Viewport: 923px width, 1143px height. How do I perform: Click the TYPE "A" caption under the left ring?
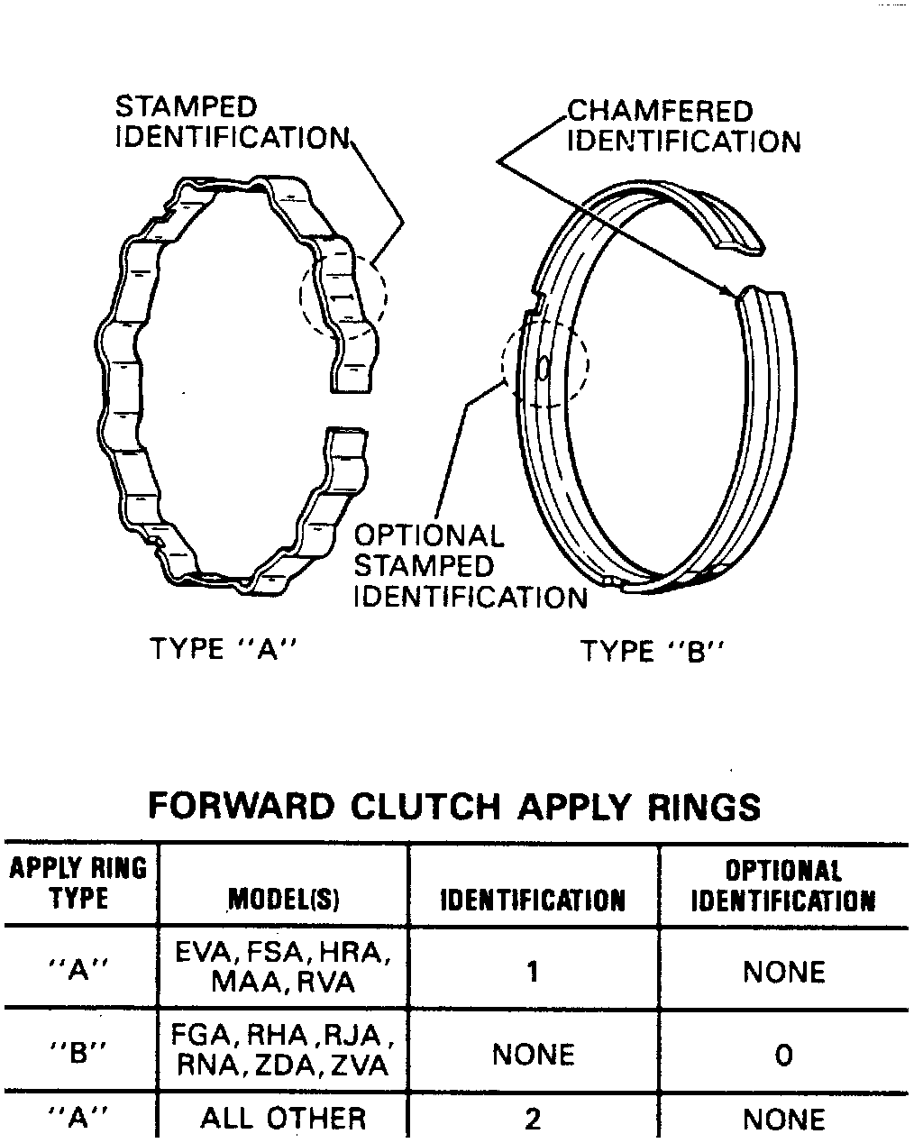click(223, 649)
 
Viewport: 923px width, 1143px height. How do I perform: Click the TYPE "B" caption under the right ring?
click(653, 651)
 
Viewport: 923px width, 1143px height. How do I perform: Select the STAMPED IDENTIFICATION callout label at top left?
click(230, 123)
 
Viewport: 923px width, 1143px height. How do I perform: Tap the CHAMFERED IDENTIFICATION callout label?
click(682, 126)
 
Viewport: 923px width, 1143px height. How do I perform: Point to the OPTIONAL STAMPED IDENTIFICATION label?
click(469, 566)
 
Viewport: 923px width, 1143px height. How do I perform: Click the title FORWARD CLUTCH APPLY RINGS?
click(454, 805)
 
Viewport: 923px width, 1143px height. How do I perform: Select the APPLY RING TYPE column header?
click(78, 883)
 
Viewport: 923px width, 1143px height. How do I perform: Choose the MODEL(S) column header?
click(283, 900)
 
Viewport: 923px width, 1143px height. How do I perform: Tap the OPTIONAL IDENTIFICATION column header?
click(782, 886)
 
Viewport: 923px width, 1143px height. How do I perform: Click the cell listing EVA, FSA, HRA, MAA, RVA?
click(283, 966)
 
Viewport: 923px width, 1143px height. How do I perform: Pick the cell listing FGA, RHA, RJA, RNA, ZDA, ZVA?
click(283, 1050)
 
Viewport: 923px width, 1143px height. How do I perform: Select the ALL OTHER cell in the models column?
click(283, 1120)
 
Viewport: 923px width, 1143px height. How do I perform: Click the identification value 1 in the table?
click(533, 972)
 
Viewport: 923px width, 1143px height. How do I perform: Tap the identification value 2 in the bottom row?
click(533, 1120)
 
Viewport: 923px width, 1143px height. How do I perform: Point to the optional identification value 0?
click(783, 1055)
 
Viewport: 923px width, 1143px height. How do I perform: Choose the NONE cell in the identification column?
click(533, 1054)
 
